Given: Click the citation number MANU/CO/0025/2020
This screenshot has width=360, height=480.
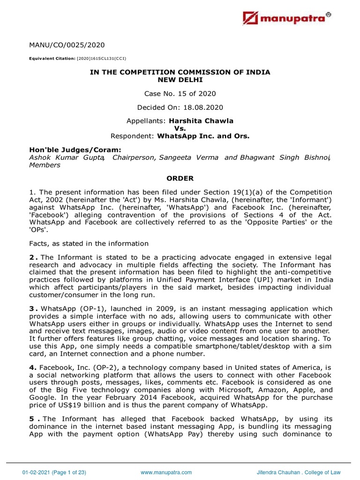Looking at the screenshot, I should pos(67,45).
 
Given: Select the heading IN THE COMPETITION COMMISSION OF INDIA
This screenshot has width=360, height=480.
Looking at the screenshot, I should pos(180,72).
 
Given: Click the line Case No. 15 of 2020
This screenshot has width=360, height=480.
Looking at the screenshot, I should pos(180,93).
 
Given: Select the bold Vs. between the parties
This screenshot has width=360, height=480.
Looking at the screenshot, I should pos(180,128).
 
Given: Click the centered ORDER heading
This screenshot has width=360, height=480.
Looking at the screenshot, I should pos(180,178).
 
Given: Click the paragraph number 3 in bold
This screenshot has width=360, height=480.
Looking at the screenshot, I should pos(32,308).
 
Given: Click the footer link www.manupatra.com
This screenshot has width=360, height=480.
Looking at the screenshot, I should pos(166,472).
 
